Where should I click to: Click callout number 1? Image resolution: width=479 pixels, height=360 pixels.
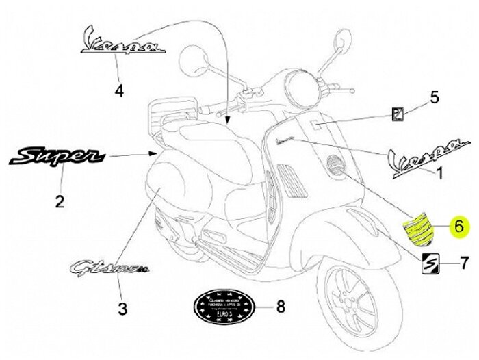440,174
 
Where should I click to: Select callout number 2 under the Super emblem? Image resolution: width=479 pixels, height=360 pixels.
60,201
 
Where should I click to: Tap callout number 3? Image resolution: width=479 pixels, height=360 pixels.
122,309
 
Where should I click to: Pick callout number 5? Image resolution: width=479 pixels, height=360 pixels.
433,98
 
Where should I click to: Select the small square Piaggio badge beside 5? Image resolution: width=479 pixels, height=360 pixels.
398,114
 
